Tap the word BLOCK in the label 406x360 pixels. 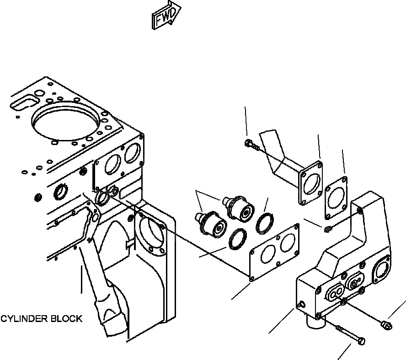click(68, 319)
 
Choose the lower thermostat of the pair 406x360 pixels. click(211, 223)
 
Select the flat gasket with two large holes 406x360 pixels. click(274, 252)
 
